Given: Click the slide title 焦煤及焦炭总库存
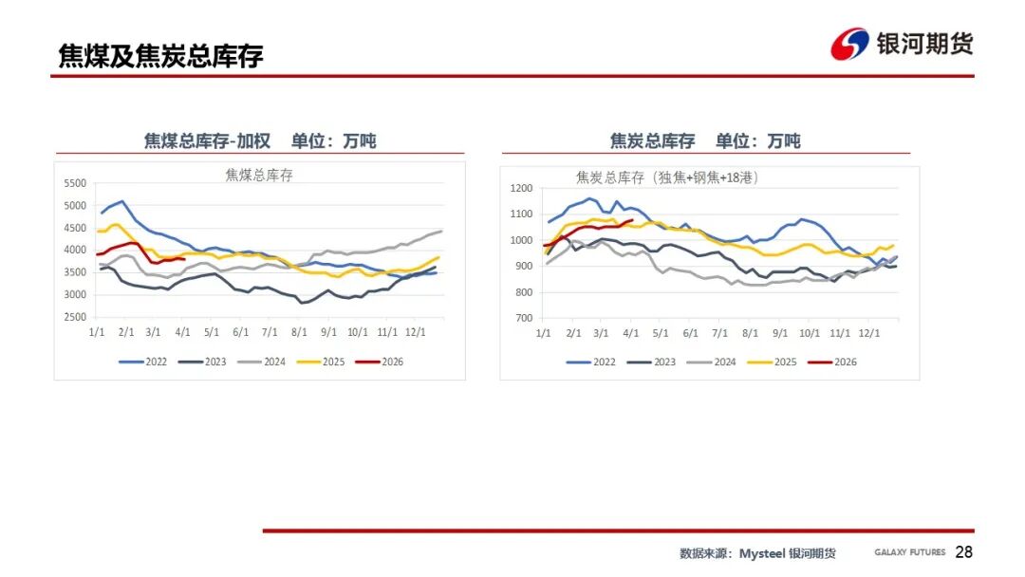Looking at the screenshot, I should [x=160, y=56].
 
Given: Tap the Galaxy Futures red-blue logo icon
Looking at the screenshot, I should [x=849, y=44].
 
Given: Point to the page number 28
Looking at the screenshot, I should [x=963, y=552].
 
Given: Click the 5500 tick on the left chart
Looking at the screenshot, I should [x=74, y=183].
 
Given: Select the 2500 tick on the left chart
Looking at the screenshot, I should [x=74, y=317].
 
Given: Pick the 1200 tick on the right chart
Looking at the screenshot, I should [x=522, y=188].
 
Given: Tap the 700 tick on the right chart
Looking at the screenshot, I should [x=525, y=318].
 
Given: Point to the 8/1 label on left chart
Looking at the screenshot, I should [x=301, y=333].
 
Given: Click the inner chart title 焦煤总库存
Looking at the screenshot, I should [x=259, y=175].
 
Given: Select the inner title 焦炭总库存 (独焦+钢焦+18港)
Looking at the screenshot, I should [x=666, y=177].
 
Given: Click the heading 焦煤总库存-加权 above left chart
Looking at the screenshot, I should [x=207, y=141].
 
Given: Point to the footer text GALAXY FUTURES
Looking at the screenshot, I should [x=909, y=552].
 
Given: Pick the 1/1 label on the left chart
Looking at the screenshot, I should [x=96, y=333].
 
